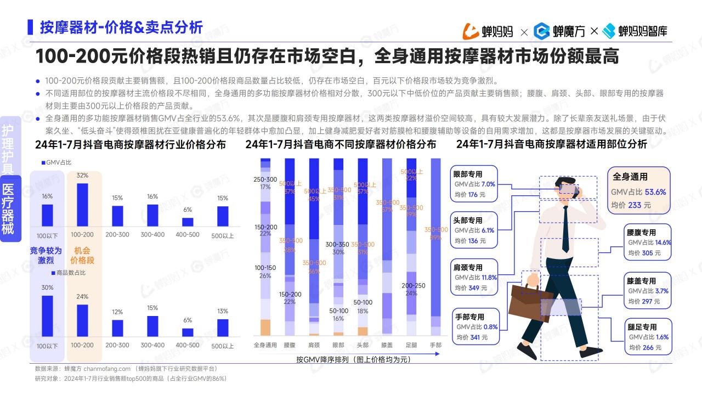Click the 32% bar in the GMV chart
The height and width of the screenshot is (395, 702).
tap(82, 204)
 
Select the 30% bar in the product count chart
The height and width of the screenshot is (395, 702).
tap(48, 315)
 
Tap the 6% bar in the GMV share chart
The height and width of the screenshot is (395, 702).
tap(188, 222)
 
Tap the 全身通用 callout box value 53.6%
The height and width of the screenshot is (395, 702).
tap(655, 192)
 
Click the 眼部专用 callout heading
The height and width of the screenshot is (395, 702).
tap(468, 174)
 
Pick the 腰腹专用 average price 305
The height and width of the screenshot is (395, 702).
tap(648, 253)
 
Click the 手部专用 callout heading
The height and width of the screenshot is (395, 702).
tap(469, 317)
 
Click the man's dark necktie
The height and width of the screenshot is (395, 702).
tap(565, 230)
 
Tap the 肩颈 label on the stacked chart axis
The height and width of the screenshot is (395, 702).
tap(314, 346)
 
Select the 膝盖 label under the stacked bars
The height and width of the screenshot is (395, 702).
tap(387, 346)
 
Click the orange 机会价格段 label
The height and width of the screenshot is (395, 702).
tap(82, 255)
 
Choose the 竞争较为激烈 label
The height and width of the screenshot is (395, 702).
tap(46, 255)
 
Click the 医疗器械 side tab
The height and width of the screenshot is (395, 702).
tap(8, 208)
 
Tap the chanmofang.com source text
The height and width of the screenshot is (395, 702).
tap(110, 369)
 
